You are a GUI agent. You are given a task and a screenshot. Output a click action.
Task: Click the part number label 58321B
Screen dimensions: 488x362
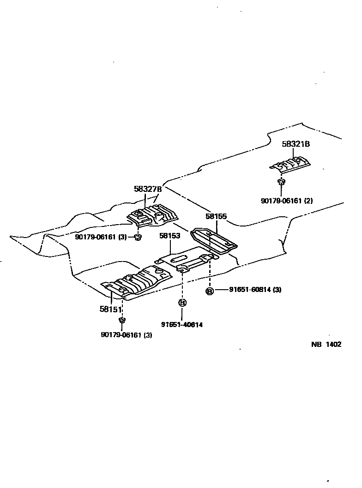click(x=296, y=144)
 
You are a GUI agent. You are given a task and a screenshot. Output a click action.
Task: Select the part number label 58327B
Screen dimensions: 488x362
click(x=148, y=189)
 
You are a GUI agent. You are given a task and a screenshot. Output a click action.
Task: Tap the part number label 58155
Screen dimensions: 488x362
click(x=216, y=216)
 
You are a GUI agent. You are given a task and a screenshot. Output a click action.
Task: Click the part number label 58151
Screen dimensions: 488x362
click(x=110, y=309)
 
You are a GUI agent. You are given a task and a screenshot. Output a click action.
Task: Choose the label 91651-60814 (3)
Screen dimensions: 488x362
click(x=255, y=290)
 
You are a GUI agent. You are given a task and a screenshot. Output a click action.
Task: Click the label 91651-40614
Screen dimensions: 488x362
click(x=182, y=324)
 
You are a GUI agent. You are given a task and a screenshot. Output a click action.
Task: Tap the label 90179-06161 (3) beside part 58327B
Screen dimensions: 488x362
click(x=100, y=237)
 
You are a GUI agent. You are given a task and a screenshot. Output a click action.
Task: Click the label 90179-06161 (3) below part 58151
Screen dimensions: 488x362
click(x=126, y=335)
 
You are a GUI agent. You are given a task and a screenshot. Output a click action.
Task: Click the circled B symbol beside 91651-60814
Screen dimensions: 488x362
click(x=209, y=291)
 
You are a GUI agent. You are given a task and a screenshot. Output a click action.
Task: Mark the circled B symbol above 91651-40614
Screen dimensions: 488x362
click(x=182, y=303)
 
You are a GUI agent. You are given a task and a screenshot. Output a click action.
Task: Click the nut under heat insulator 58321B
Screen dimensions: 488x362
click(x=280, y=182)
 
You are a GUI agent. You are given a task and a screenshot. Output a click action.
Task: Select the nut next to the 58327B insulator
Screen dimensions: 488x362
click(x=137, y=237)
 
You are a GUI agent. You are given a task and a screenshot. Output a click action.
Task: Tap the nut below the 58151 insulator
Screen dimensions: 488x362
click(x=122, y=320)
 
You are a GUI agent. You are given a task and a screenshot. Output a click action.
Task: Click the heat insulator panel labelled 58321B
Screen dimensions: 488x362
click(x=290, y=164)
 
